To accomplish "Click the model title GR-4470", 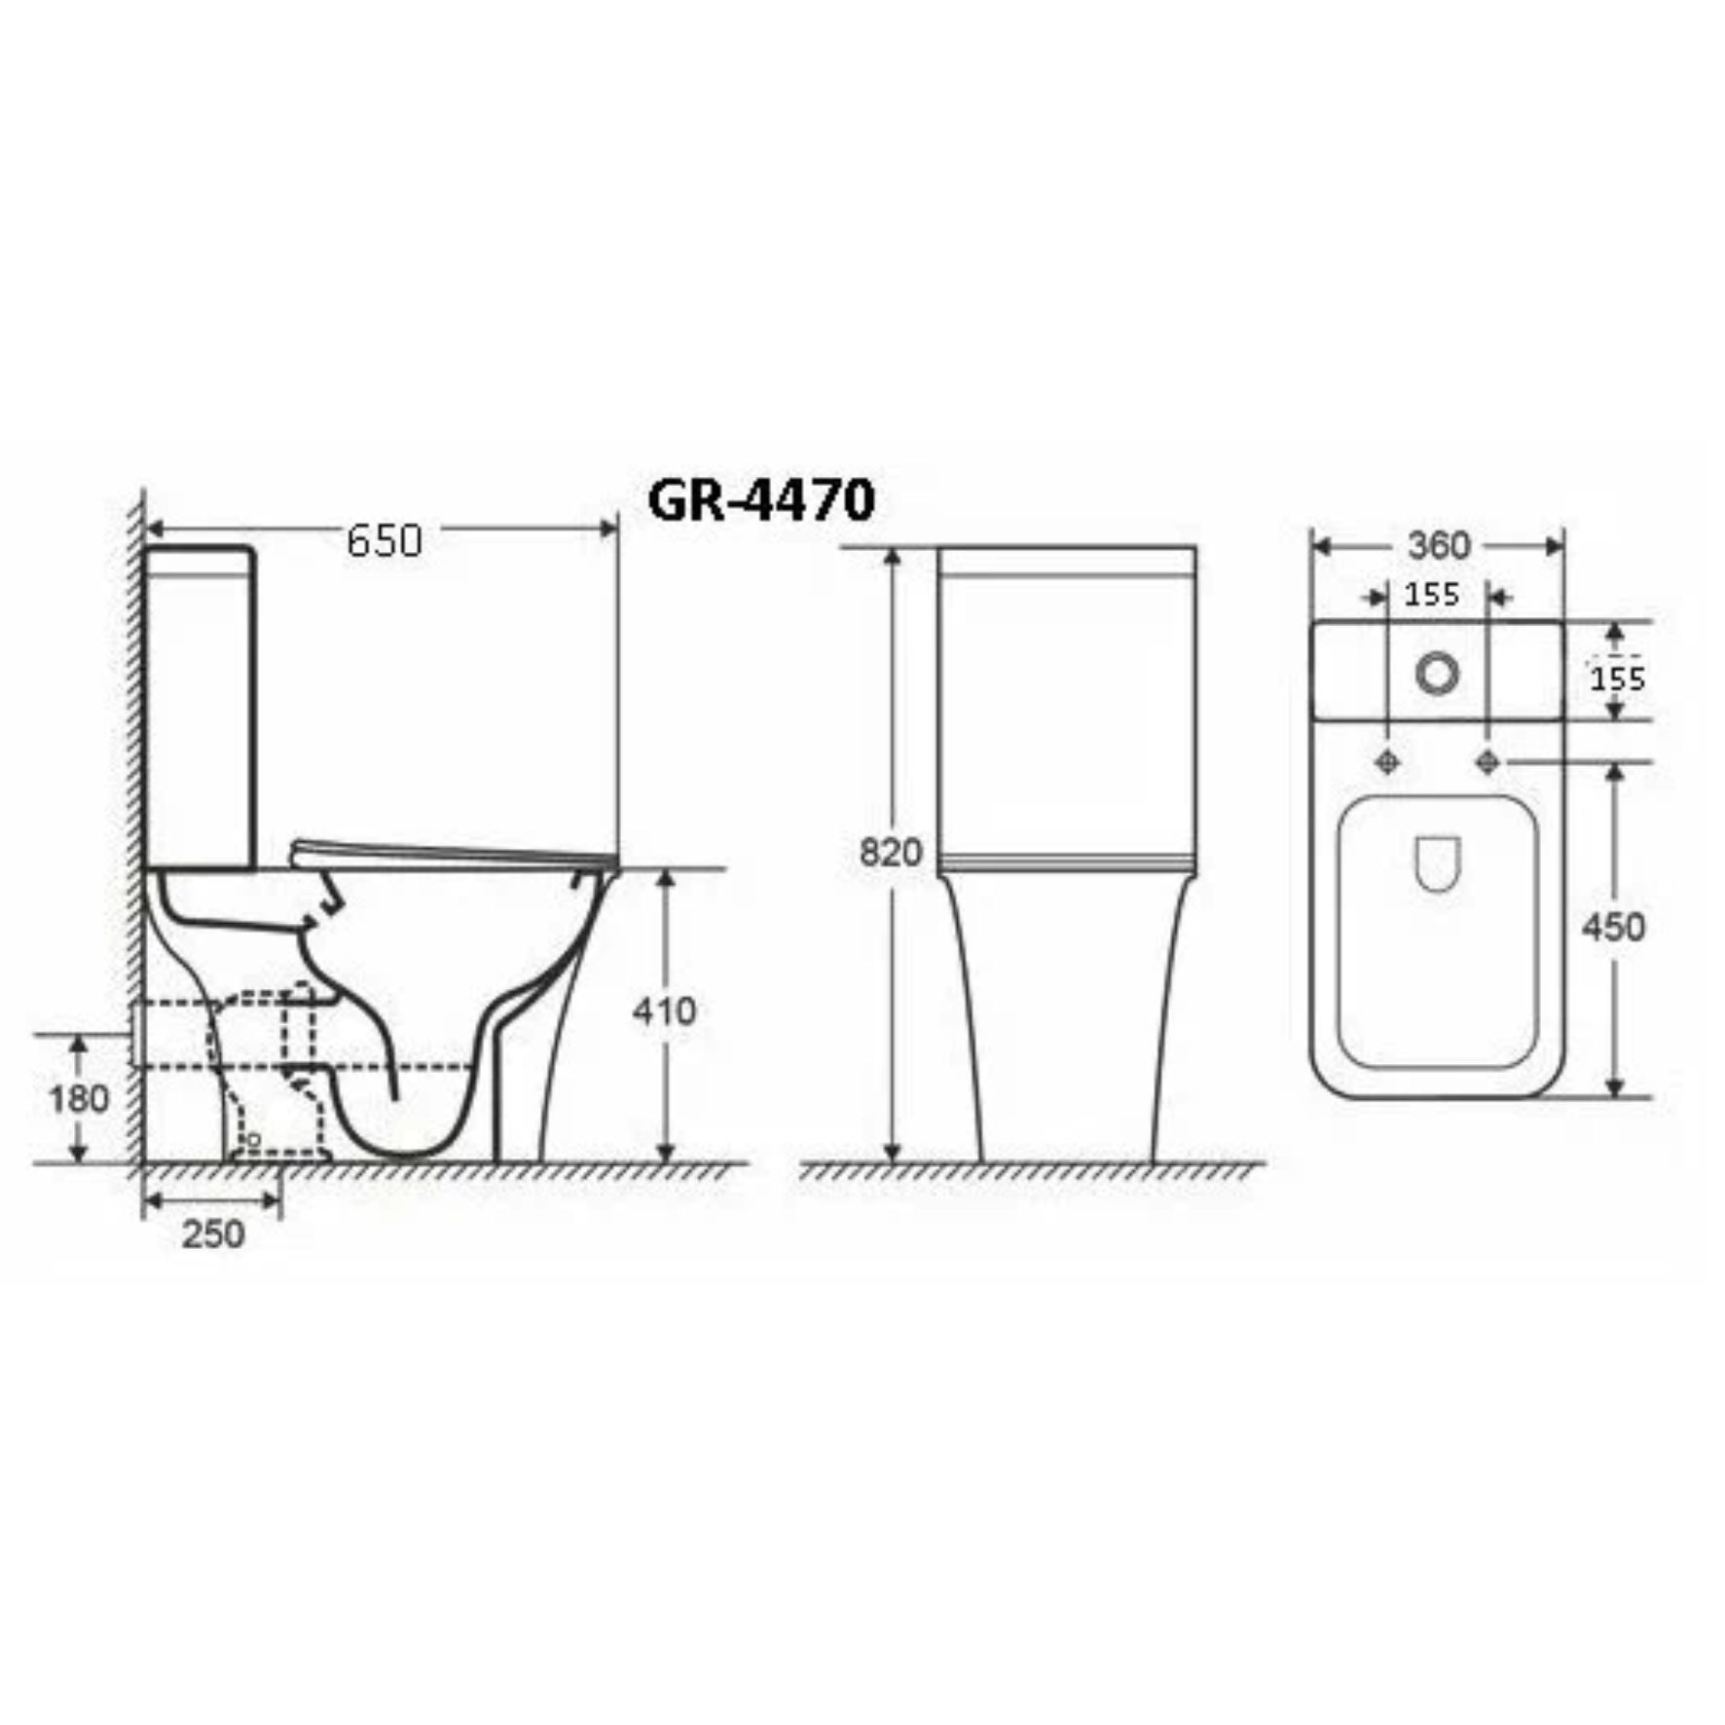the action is point(761,501).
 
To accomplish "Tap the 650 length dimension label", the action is point(385,541).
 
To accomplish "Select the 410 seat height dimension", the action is point(665,1011).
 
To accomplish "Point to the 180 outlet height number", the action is point(79,1099).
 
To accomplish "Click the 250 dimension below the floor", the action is point(213,1234).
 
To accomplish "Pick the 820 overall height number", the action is point(891,853).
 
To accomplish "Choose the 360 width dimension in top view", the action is point(1439,545).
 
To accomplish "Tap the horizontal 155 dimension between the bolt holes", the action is point(1431,594).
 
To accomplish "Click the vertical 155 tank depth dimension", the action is point(1618,678).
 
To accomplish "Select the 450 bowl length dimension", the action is point(1614,927).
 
